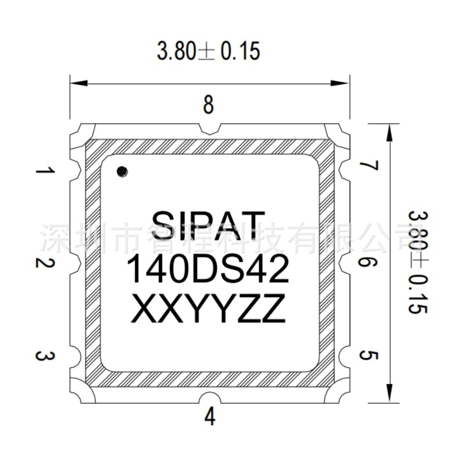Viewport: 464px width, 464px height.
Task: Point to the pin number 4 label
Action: tap(209, 416)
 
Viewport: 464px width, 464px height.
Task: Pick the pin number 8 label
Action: tap(209, 106)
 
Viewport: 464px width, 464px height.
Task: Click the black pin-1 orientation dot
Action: tap(122, 171)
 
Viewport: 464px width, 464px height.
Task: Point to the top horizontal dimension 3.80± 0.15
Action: tap(209, 52)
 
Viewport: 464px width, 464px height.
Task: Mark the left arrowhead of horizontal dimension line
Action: tap(79, 84)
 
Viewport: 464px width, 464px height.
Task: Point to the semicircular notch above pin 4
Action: tap(209, 399)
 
